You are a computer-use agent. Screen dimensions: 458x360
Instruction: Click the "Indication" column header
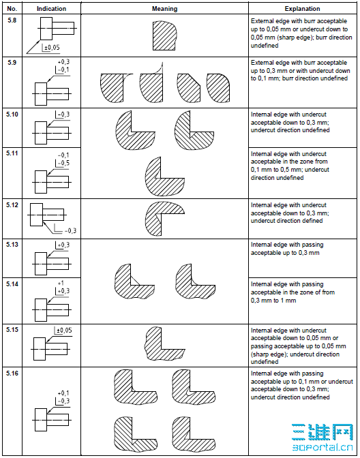(51, 9)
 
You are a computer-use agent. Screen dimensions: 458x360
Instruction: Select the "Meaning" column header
(164, 9)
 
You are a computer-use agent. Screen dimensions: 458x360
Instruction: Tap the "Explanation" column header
(303, 9)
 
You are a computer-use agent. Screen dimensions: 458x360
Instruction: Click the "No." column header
(12, 9)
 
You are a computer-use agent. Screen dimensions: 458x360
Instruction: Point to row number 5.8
(12, 22)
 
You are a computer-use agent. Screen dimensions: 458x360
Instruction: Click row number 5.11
(13, 154)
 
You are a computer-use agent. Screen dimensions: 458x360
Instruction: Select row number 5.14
(13, 283)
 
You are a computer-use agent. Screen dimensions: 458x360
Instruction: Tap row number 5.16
(13, 374)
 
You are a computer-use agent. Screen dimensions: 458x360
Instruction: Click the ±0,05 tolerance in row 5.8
(51, 48)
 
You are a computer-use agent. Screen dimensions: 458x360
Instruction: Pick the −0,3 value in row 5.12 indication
(68, 230)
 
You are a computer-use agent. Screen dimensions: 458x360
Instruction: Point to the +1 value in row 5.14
(61, 282)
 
